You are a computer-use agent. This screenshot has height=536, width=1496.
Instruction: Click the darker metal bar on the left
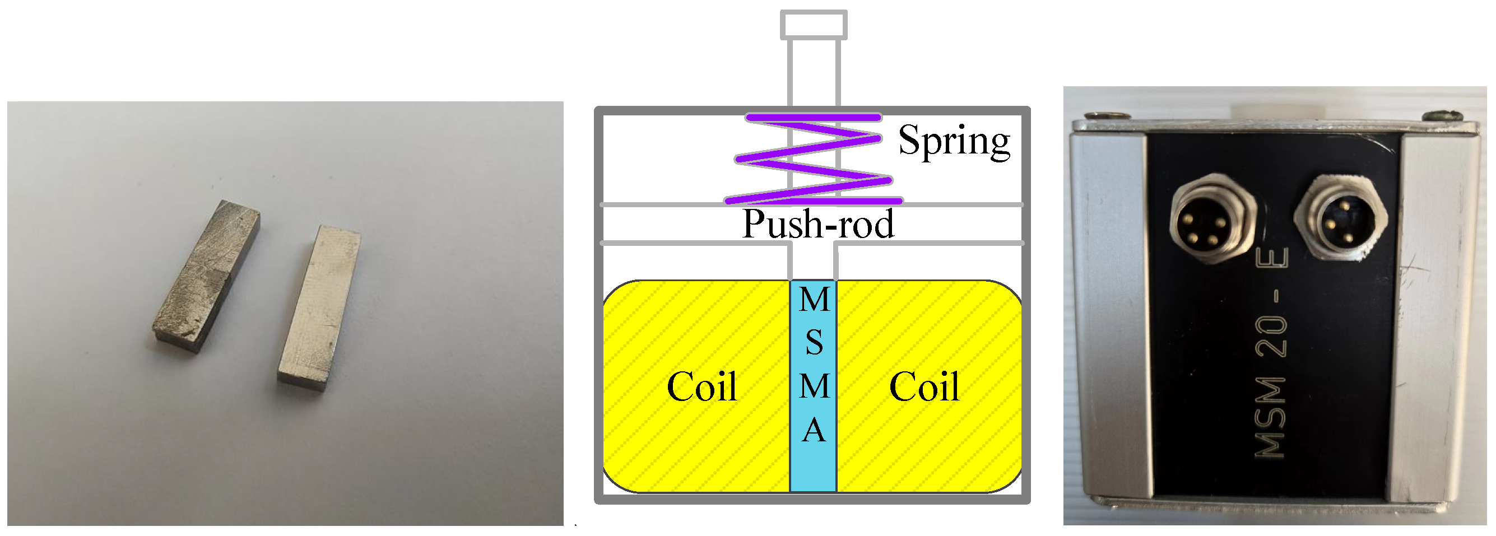point(207,275)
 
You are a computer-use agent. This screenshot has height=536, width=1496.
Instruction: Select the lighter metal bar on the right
point(319,308)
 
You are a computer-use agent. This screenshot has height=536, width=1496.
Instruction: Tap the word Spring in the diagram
point(954,141)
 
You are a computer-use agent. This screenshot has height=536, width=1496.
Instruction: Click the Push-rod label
point(817,224)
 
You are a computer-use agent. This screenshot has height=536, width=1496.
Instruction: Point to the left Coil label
point(701,387)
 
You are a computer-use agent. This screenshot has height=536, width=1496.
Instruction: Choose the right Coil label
point(924,387)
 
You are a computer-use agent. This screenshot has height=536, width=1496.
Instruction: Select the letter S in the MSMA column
point(814,343)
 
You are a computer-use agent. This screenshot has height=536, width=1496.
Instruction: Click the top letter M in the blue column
point(814,300)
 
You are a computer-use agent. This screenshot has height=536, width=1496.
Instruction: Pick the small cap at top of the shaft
point(813,25)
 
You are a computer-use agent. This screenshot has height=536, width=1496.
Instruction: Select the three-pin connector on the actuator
point(1340,218)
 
